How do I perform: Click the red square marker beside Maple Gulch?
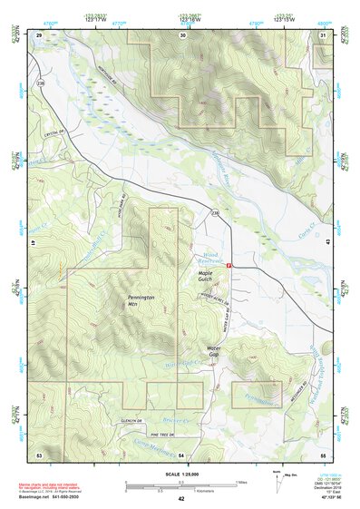pyautogui.click(x=230, y=266)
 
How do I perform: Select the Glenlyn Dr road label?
pyautogui.click(x=132, y=420)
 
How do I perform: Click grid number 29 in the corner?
pyautogui.click(x=39, y=35)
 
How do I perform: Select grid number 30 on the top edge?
pyautogui.click(x=182, y=35)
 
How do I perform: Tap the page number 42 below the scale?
pyautogui.click(x=181, y=499)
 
